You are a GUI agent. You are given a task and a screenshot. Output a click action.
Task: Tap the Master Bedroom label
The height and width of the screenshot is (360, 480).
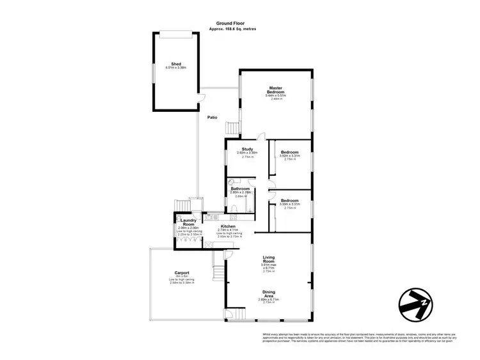276,90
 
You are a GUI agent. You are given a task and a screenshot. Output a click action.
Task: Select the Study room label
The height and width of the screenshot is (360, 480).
247,149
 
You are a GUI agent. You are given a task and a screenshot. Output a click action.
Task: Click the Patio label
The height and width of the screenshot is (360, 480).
212,118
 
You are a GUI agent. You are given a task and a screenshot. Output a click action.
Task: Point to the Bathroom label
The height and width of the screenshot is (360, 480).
240,189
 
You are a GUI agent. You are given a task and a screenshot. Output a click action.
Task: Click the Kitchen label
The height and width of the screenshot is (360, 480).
228,226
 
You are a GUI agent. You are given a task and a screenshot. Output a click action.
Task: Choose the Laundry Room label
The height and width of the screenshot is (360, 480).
188,223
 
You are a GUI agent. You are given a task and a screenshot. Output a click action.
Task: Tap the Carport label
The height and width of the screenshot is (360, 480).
182,273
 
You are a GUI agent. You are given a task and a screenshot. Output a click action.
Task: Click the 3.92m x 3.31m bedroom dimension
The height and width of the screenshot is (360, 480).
289,156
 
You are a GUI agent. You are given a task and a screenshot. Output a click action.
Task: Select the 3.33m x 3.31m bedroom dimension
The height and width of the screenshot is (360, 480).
289,204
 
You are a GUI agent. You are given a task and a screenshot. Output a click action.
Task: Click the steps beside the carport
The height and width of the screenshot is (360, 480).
220,269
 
